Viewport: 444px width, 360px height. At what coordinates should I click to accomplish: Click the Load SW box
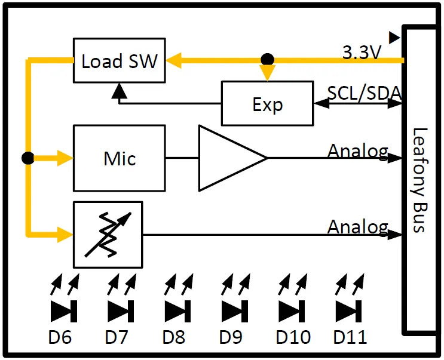pos(119,60)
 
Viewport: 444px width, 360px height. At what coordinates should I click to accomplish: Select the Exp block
pos(267,103)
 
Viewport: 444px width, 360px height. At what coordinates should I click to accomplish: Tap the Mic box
pos(119,158)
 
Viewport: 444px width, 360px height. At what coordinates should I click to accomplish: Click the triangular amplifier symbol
pos(230,158)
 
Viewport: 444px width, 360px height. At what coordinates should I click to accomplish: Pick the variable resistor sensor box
pos(108,235)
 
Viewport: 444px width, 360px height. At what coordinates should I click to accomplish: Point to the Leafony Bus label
pos(422,180)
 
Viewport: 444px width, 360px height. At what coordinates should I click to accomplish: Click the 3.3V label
pos(362,53)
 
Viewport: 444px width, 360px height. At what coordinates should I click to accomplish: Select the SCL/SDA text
pos(365,93)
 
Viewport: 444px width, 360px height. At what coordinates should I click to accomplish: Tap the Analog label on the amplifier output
pos(357,151)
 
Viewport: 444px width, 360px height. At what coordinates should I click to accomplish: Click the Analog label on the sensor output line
pos(357,227)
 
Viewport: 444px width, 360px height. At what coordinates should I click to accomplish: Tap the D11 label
pos(350,337)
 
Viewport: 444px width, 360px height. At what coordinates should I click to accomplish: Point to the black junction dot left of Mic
pos(27,158)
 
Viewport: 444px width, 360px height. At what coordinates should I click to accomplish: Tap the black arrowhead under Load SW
pos(120,91)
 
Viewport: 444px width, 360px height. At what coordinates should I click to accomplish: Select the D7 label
pos(117,337)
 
